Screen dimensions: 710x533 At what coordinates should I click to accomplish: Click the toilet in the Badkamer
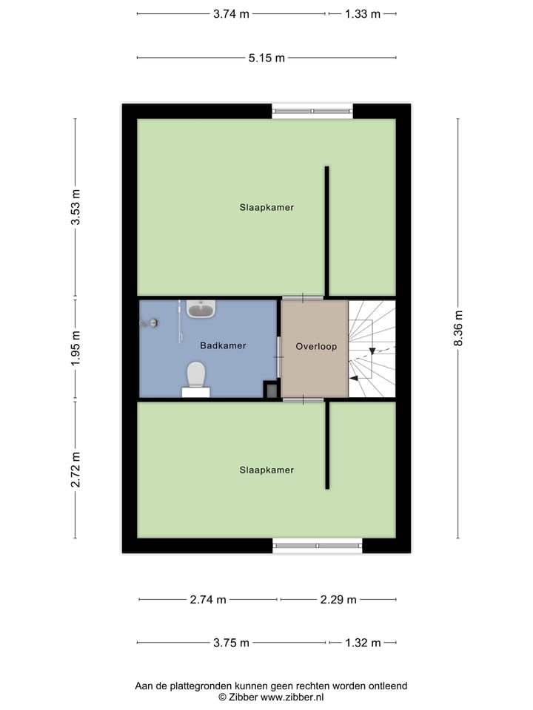196,374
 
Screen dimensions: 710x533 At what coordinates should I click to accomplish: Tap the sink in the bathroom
201,308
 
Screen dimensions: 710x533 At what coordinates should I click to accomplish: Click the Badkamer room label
223,345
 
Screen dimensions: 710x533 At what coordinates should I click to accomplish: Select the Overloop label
316,346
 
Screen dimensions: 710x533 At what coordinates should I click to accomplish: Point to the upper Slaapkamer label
266,208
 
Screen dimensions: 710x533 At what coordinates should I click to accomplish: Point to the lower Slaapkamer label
266,470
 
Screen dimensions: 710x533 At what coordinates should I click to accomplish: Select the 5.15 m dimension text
266,58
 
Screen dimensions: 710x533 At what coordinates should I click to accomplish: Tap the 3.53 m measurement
76,208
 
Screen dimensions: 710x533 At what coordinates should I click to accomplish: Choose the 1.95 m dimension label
76,349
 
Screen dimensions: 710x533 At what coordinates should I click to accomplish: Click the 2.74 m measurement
208,600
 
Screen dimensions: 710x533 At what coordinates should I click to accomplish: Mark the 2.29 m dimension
338,600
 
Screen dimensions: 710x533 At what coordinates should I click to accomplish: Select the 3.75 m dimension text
231,643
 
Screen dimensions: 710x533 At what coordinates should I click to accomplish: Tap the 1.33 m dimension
363,14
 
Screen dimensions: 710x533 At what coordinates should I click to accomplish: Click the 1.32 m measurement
363,643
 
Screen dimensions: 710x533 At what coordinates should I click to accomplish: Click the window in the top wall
312,111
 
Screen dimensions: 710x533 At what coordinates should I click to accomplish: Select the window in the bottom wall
318,546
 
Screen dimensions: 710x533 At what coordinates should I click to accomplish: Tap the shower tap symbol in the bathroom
150,323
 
